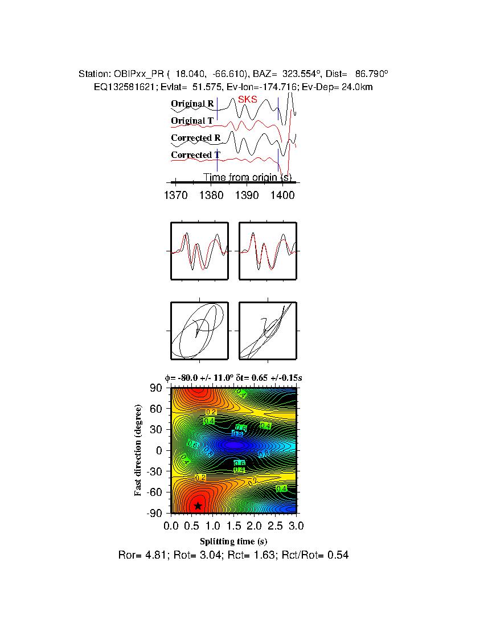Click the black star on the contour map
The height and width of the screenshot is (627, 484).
tap(198, 506)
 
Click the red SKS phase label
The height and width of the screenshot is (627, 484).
tap(248, 99)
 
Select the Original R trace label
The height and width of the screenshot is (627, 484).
tap(192, 104)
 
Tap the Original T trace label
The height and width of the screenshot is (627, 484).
tap(192, 121)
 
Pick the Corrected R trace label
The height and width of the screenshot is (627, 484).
tap(195, 138)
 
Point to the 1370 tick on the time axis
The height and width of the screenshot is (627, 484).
tap(175, 196)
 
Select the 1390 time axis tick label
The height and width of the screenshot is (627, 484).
tap(247, 196)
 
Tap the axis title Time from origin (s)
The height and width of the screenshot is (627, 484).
tap(248, 177)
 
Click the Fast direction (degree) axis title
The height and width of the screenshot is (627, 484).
tap(138, 450)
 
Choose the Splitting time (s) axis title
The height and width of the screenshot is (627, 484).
tap(233, 541)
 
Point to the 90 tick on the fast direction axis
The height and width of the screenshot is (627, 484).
tap(157, 388)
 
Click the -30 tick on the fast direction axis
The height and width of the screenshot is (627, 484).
tap(155, 471)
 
